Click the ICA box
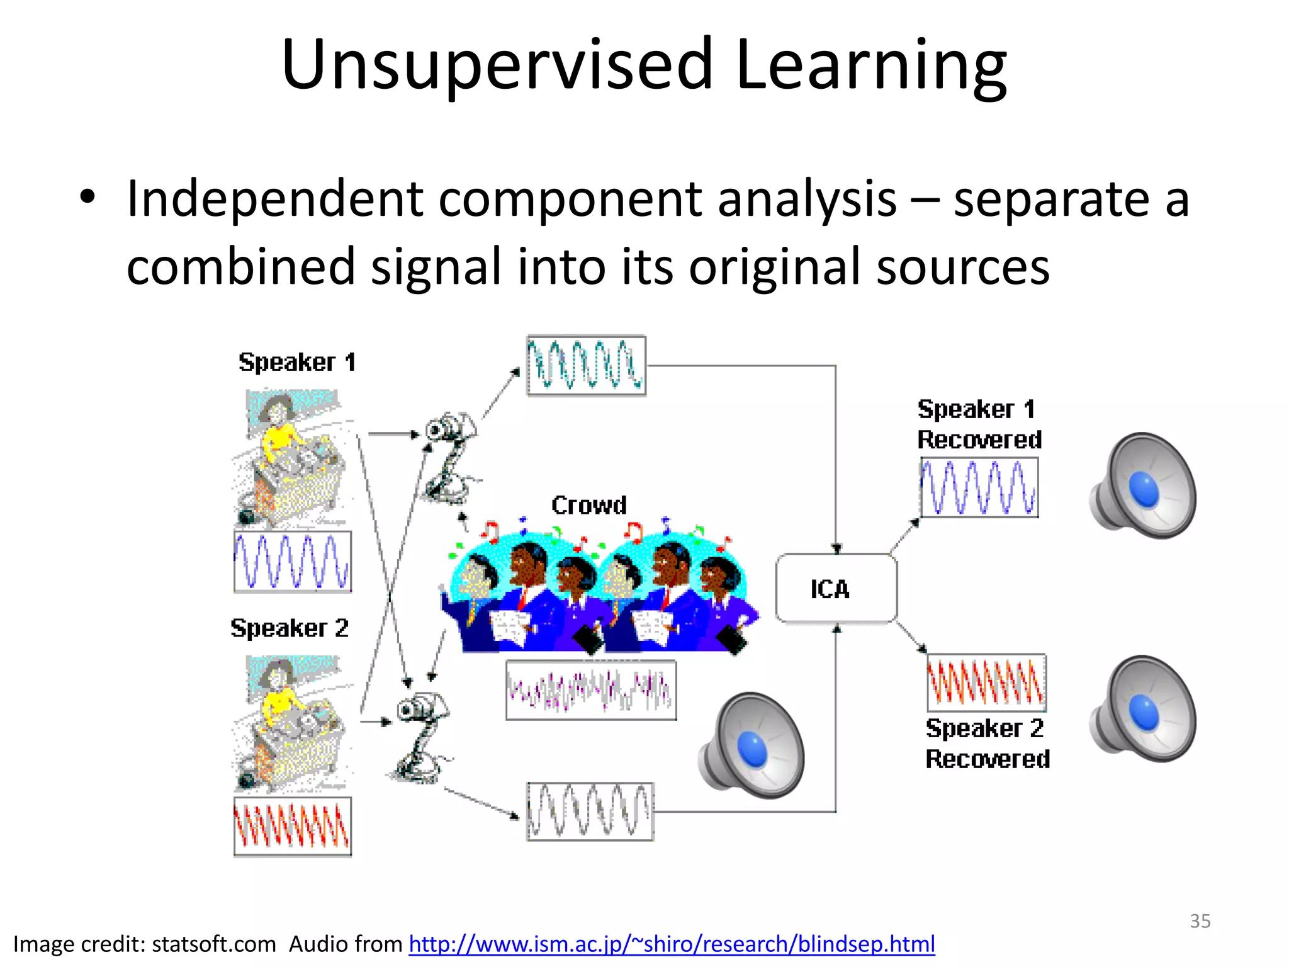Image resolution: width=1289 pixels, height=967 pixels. (836, 589)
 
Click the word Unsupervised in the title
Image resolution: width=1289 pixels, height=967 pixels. (497, 65)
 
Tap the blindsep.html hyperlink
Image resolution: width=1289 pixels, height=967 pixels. (672, 944)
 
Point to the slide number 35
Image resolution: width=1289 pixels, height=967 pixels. (1200, 921)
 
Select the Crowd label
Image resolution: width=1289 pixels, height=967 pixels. (589, 505)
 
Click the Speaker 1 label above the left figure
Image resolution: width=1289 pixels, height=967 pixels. (297, 362)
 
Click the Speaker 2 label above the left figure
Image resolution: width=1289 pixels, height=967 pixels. (290, 628)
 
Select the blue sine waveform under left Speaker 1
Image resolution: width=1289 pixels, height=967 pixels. (293, 562)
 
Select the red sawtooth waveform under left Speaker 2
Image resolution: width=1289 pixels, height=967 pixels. (293, 826)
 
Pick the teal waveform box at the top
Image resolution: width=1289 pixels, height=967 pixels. (586, 366)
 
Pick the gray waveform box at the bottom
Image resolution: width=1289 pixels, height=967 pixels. (590, 811)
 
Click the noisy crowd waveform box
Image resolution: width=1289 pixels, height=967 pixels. (591, 690)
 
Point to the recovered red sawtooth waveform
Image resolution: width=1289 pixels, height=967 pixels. (986, 682)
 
